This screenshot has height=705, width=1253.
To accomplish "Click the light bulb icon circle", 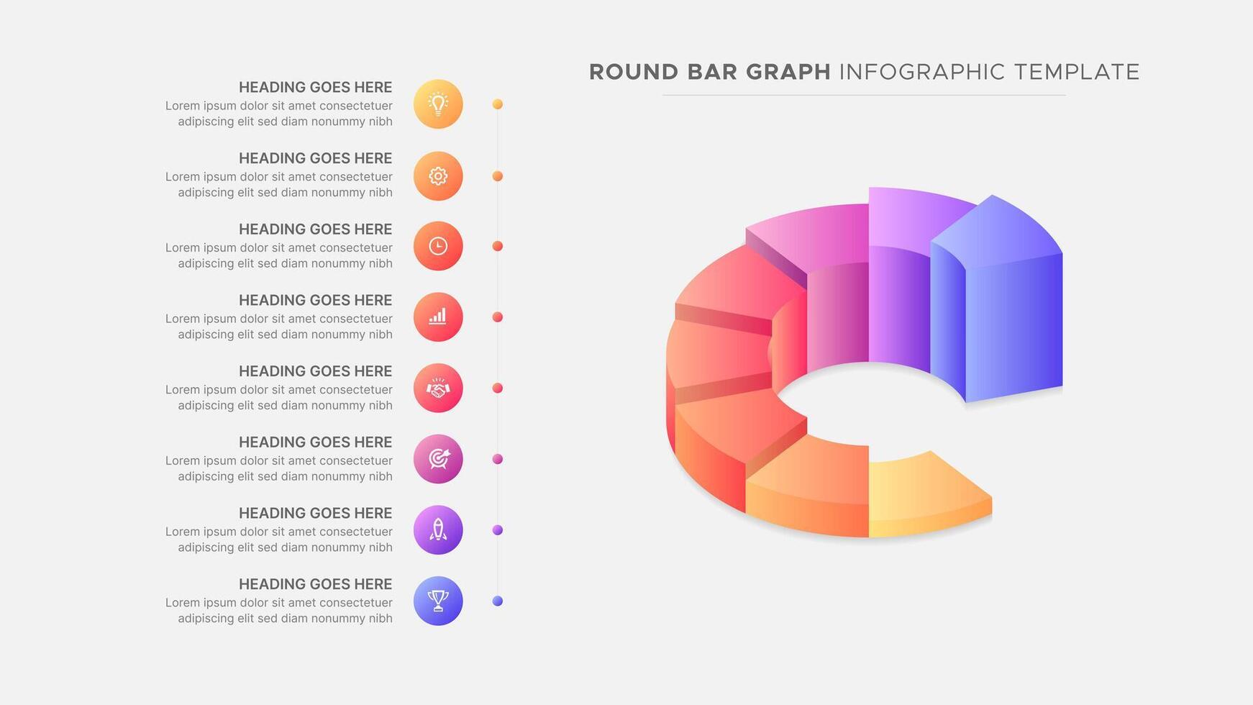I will pos(438,104).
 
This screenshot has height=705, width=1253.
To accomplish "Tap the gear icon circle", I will pos(438,176).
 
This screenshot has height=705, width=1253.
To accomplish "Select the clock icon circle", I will pos(438,246).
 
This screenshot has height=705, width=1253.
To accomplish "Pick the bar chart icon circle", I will pos(438,317).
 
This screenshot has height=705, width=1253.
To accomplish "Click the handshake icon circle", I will pos(438,388).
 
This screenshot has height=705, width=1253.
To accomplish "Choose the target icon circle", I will pos(438,459).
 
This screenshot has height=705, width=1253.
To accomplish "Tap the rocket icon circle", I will pos(438,530).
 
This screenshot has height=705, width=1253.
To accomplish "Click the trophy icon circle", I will pos(438,601).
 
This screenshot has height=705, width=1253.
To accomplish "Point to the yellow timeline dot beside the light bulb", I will pos(498,104).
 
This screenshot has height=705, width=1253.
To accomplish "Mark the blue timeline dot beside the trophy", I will pos(498,601).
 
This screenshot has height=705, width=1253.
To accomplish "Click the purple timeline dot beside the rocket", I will pos(498,530).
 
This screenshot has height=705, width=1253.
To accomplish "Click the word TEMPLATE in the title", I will pos(1077,72).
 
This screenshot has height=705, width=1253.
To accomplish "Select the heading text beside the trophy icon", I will pos(315,584).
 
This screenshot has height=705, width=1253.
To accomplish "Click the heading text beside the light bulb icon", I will pos(315,87).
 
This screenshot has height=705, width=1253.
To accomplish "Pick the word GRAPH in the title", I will pos(788,72).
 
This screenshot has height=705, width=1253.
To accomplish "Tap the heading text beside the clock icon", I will pos(315,229).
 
